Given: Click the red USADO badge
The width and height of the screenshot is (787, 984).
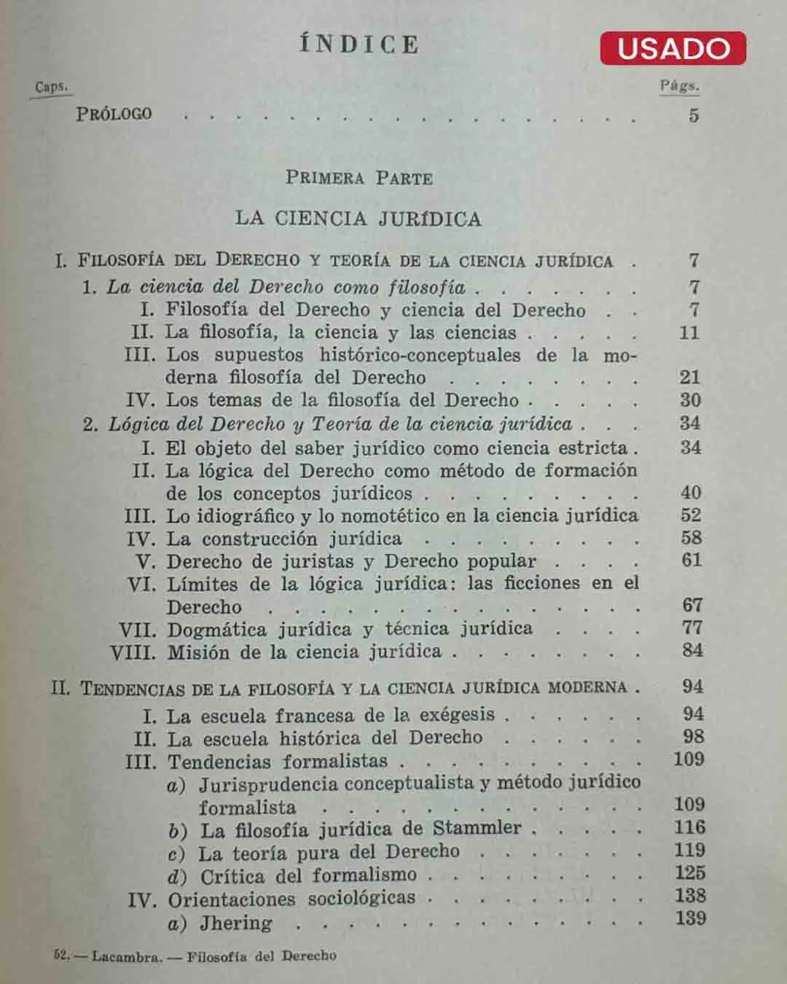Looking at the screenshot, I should click(673, 48).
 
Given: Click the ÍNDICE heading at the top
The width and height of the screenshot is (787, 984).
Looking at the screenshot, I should click(359, 44).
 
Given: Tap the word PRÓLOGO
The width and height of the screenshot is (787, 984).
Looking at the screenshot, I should click(114, 114).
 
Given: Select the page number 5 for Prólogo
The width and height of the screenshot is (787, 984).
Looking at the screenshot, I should click(694, 115).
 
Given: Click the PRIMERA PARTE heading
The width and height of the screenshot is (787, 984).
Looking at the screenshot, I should click(359, 178).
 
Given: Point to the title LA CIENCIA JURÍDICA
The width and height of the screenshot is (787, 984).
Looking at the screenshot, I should click(358, 219).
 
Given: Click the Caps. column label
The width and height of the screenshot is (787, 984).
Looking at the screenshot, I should click(51, 87).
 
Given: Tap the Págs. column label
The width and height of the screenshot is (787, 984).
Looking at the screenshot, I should click(679, 86).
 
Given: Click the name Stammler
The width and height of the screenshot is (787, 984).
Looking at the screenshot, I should click(477, 828).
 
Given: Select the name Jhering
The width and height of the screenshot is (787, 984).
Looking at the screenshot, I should click(236, 923).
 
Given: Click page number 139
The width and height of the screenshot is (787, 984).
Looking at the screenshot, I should click(689, 918).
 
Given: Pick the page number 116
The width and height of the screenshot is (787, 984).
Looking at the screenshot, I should click(689, 827).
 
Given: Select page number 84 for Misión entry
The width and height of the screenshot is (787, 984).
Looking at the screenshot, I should click(692, 650).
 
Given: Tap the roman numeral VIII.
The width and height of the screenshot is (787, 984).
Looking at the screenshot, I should click(133, 652).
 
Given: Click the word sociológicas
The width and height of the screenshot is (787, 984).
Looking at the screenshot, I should click(361, 898).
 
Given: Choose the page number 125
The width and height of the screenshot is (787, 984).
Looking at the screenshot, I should click(689, 873).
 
